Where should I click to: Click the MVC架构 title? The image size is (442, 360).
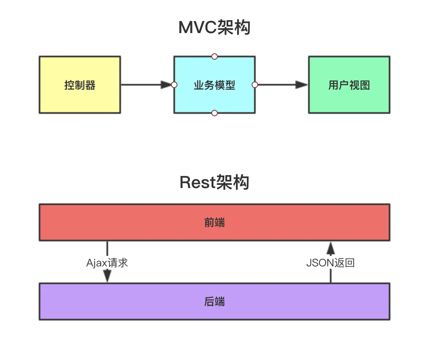click(214, 27)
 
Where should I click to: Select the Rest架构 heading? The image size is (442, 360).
click(214, 182)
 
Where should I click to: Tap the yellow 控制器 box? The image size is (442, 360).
click(80, 85)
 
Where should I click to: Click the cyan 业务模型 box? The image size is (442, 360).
click(215, 85)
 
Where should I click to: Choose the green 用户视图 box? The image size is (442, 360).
click(349, 85)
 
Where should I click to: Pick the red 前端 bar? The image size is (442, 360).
click(215, 222)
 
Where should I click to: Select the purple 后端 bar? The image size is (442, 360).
click(215, 301)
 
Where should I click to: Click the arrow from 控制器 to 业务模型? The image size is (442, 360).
click(146, 85)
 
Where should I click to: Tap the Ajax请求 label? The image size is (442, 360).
click(107, 263)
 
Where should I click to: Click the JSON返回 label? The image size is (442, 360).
click(330, 263)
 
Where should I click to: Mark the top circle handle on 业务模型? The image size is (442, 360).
click(215, 57)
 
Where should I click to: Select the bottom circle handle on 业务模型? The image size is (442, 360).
click(215, 113)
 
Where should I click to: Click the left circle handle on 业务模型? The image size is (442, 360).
click(174, 85)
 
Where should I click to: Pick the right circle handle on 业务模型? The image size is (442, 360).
click(255, 85)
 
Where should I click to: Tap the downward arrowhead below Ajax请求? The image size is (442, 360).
click(107, 276)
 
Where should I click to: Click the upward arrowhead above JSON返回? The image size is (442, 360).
click(331, 249)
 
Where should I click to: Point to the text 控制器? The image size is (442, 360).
click(80, 85)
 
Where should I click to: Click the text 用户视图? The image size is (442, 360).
click(349, 85)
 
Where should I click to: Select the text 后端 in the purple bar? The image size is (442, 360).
click(215, 301)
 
